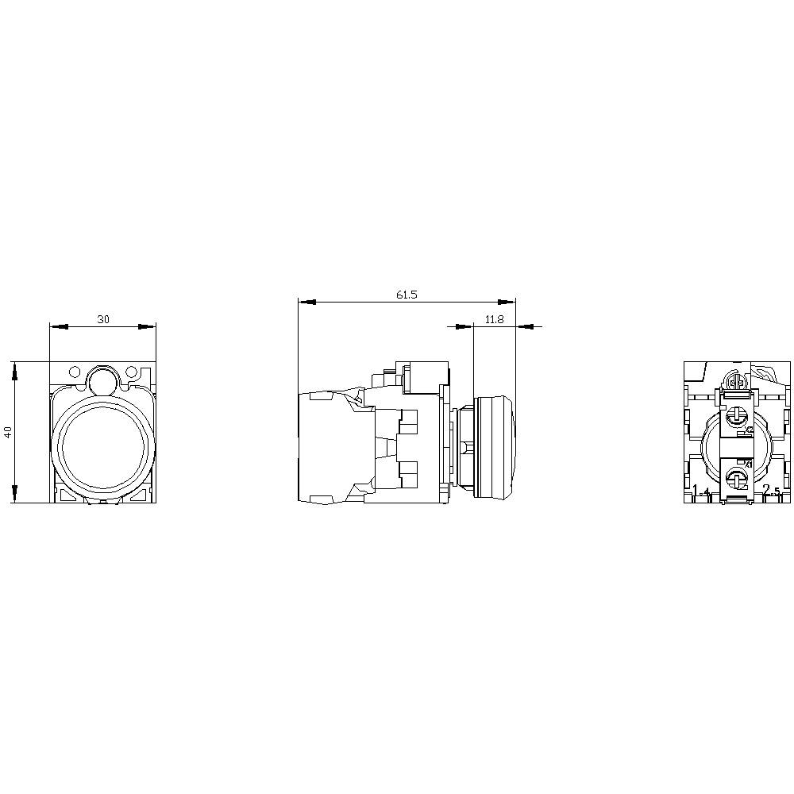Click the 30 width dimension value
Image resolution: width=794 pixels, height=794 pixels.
coord(103,319)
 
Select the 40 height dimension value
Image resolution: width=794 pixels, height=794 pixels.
coord(8,432)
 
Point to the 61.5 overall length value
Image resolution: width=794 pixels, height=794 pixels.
coord(407,295)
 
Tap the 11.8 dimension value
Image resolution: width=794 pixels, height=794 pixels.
coord(494,319)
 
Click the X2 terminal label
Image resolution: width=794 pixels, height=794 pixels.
coord(748,430)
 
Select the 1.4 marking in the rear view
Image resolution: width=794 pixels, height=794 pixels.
coord(701,491)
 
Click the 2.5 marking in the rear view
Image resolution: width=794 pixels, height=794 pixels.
coord(771,491)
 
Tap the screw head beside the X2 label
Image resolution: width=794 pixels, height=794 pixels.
coord(736,414)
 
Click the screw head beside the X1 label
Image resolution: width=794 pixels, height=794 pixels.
coord(736,478)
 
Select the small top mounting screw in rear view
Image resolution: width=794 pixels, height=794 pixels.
coord(736,383)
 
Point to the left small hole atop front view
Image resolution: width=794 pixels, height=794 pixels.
coord(75,372)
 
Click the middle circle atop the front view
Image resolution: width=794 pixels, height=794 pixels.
coord(102,380)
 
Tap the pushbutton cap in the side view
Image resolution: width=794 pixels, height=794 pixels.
coord(494,447)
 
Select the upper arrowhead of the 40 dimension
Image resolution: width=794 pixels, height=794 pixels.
coord(13,368)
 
